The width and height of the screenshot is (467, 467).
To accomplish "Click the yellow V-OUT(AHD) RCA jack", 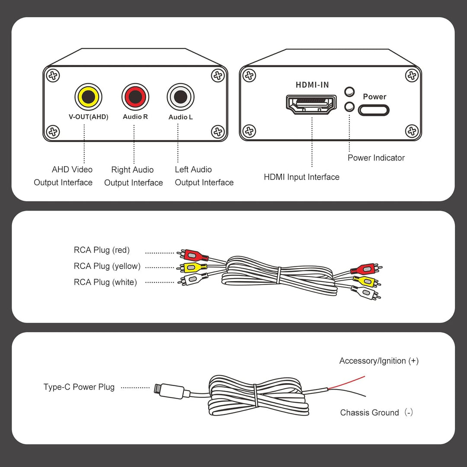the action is tap(89, 97).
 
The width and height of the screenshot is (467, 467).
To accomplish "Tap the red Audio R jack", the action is tap(135, 97).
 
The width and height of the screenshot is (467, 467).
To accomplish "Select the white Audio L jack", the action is tap(180, 97).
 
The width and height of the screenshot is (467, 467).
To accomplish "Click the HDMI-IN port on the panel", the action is tap(311, 105).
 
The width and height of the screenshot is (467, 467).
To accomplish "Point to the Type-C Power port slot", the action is tap(374, 110).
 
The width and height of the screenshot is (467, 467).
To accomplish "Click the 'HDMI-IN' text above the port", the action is tap(312, 85).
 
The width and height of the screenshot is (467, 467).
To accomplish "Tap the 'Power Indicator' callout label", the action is tap(376, 158).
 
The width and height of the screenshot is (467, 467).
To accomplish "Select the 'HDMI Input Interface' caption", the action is tap(302, 177).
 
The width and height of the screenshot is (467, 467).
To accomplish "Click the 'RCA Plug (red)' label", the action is tap(102, 250).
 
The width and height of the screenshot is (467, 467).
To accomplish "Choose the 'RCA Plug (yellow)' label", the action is tap(107, 266).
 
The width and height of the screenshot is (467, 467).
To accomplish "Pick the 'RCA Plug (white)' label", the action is tap(105, 282).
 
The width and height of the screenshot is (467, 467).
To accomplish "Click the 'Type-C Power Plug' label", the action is tap(79, 387).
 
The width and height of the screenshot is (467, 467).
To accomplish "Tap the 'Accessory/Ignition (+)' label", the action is tap(379, 361).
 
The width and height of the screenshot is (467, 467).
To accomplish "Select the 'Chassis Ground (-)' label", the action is tap(377, 413).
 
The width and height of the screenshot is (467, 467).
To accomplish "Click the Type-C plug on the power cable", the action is tap(172, 391).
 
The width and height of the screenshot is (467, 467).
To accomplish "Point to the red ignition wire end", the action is tap(365, 377).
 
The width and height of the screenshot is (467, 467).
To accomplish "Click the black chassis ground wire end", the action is tap(365, 396).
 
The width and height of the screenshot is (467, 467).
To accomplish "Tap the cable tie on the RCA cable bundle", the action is tap(279, 275).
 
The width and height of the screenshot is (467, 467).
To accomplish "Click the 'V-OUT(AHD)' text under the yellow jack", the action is tap(89, 117).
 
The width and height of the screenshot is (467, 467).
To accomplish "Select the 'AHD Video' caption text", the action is tap(72, 170).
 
